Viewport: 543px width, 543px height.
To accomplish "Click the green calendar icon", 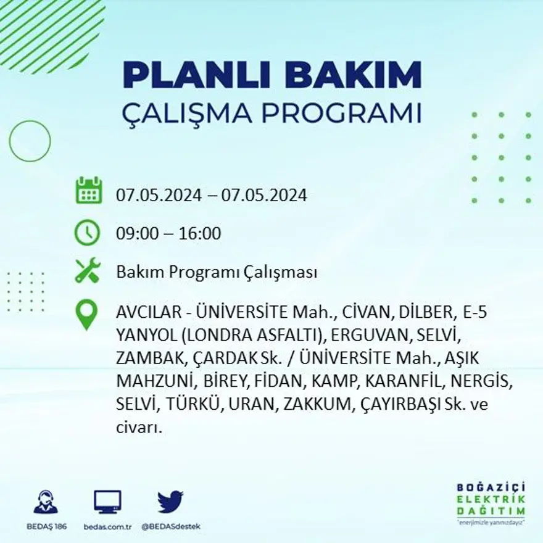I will [89, 191].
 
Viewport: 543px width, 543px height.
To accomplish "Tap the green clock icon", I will [87, 233].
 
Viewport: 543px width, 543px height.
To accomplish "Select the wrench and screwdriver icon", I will [88, 271].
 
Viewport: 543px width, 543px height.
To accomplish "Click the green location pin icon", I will [86, 315].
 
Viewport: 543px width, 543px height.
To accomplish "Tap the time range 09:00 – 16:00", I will [168, 234].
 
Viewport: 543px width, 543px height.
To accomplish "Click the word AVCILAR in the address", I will [143, 313].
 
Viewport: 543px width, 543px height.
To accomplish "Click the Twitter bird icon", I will [170, 502].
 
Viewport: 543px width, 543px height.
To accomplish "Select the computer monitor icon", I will [107, 502].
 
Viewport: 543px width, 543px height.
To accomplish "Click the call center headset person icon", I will [46, 502].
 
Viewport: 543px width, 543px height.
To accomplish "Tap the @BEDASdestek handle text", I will [170, 526].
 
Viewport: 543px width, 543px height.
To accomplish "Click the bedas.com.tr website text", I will [107, 526].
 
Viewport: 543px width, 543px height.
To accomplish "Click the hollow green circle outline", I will [30, 141].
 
